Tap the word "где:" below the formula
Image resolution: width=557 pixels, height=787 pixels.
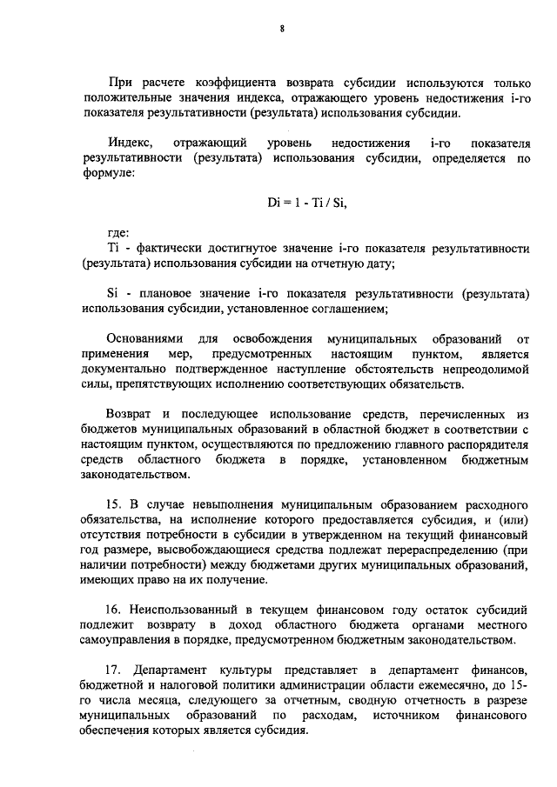tap(118, 234)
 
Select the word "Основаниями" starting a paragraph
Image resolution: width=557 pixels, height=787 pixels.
tap(145, 338)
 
